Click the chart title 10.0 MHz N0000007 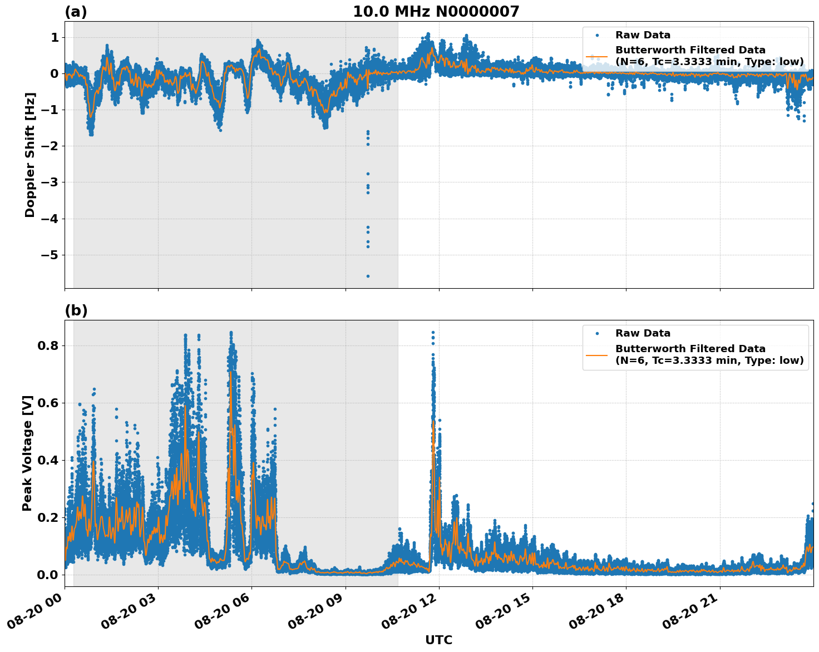click(x=436, y=12)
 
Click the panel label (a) click(x=76, y=12)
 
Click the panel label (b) click(x=76, y=310)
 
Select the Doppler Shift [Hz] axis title click(x=30, y=155)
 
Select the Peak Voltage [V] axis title click(x=27, y=453)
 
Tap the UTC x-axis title click(x=438, y=640)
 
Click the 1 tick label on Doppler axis click(x=55, y=37)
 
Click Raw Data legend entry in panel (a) click(x=643, y=35)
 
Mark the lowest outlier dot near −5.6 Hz click(x=368, y=276)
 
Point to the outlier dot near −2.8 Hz click(x=368, y=174)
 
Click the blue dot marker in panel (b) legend click(x=597, y=333)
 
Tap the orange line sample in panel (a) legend click(x=597, y=56)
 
